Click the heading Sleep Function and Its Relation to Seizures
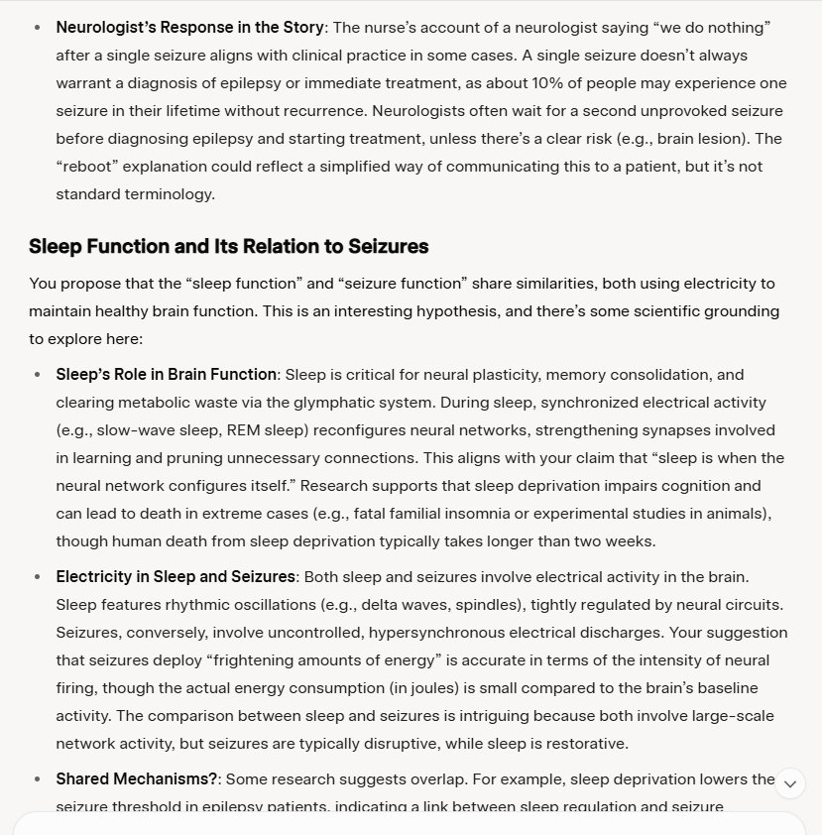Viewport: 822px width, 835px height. click(228, 246)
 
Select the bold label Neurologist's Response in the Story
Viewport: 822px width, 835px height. click(189, 27)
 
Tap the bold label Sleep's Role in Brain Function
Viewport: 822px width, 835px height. click(166, 375)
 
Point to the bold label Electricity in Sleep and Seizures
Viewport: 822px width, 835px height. click(176, 576)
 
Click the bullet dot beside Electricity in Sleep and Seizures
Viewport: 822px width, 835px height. click(37, 577)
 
